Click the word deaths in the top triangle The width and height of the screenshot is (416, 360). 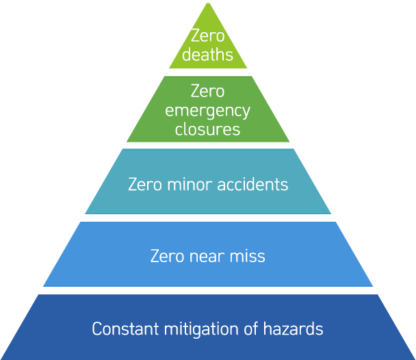pyautogui.click(x=207, y=55)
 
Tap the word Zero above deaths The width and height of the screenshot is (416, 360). pyautogui.click(x=208, y=36)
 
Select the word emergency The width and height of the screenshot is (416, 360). pyautogui.click(x=207, y=112)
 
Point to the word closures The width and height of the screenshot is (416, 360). pyautogui.click(x=207, y=129)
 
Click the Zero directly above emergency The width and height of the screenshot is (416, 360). pyautogui.click(x=208, y=91)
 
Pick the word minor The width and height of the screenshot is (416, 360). pyautogui.click(x=190, y=184)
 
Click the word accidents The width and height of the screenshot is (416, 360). pyautogui.click(x=252, y=184)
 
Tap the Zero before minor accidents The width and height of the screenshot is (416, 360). pyautogui.click(x=145, y=184)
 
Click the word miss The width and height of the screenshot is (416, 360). pyautogui.click(x=247, y=256)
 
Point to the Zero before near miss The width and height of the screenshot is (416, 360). pyautogui.click(x=167, y=256)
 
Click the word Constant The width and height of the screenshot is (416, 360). pyautogui.click(x=125, y=329)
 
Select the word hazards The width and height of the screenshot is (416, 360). pyautogui.click(x=293, y=329)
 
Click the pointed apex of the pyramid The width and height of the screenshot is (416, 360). pyautogui.click(x=208, y=3)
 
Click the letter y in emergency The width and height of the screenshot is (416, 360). pyautogui.click(x=246, y=112)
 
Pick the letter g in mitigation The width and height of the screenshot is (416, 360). pyautogui.click(x=197, y=332)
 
